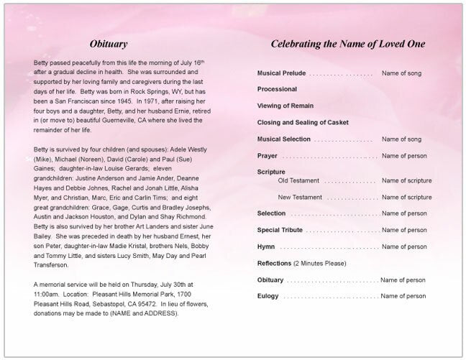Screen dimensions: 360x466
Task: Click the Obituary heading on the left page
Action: [109, 44]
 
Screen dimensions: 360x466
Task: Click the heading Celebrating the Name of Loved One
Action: [347, 44]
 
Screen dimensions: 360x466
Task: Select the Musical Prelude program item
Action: [282, 74]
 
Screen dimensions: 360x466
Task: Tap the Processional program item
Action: [277, 89]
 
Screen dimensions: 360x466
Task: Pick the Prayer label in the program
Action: [267, 155]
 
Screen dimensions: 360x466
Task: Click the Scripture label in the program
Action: [271, 172]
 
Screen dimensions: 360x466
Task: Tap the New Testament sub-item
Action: [299, 196]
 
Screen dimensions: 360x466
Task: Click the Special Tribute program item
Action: [280, 230]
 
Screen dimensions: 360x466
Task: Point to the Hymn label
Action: [266, 246]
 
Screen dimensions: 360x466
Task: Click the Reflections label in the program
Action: [274, 262]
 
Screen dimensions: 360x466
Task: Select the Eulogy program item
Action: [268, 295]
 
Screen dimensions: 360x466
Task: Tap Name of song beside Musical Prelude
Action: [401, 74]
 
